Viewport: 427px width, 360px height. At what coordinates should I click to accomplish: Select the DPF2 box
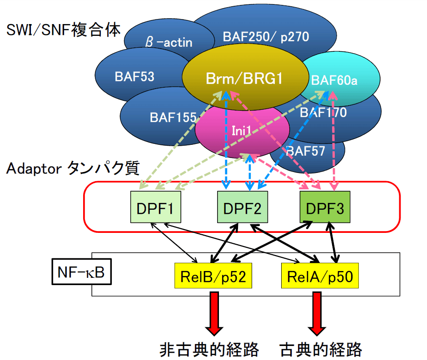(x=243, y=207)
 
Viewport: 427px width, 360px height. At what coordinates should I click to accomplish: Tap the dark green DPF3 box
(x=324, y=207)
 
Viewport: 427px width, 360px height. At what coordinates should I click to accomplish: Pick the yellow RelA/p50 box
(x=320, y=276)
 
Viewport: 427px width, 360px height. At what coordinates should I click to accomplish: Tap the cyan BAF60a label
(x=334, y=80)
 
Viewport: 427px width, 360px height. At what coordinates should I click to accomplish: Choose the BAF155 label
(x=173, y=117)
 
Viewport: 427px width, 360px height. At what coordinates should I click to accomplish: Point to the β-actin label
(x=169, y=43)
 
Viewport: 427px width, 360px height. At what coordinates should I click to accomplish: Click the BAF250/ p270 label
(x=266, y=37)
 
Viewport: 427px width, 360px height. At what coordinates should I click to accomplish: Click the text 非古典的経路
(x=209, y=349)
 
